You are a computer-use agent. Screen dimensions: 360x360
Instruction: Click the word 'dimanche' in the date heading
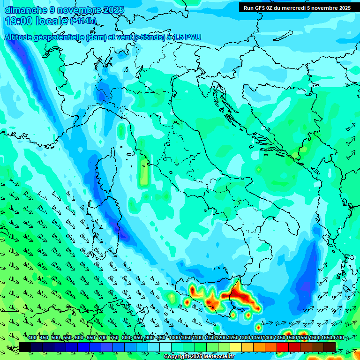tap(26, 10)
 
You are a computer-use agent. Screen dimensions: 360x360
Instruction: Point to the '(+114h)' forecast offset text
tap(83, 21)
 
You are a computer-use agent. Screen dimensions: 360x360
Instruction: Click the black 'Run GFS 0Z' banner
tap(299, 8)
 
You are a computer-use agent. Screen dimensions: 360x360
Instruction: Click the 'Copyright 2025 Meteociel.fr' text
tap(199, 357)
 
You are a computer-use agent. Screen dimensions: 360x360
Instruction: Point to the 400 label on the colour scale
tap(32, 337)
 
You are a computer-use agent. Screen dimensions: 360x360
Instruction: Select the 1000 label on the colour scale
tap(175, 337)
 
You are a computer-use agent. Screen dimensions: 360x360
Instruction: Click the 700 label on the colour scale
tap(103, 337)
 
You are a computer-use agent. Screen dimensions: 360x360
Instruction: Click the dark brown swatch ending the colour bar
tap(330, 346)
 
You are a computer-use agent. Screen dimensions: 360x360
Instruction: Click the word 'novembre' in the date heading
tap(75, 10)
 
